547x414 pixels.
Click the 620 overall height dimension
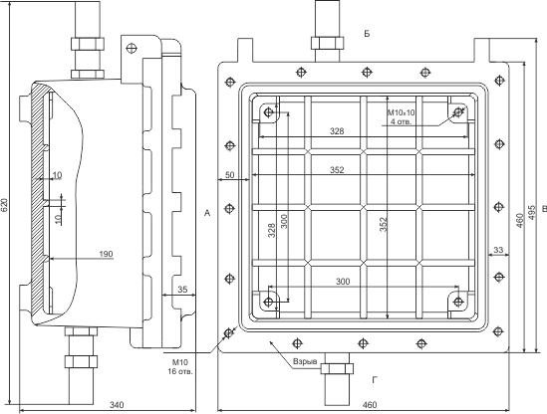point(4,205)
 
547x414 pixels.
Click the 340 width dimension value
point(117,405)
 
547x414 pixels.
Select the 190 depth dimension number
point(106,254)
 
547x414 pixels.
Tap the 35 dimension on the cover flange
point(182,290)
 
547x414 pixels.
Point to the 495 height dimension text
point(532,212)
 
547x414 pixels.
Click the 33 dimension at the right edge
point(498,250)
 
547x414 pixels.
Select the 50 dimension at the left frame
point(230,175)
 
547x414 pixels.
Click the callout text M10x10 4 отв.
point(402,117)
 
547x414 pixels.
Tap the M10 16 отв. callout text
point(180,367)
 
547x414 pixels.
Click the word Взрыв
point(305,361)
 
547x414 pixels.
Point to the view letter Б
point(367,34)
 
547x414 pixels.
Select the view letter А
point(207,213)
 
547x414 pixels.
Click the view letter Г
point(375,380)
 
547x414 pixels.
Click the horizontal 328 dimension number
point(337,131)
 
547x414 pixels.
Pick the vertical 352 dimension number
point(384,225)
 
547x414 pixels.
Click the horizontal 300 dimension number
point(343,282)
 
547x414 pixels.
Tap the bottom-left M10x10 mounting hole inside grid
point(269,302)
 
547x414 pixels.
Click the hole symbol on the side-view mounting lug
point(132,48)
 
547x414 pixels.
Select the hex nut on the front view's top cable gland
point(327,43)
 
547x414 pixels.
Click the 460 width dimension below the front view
point(370,405)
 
